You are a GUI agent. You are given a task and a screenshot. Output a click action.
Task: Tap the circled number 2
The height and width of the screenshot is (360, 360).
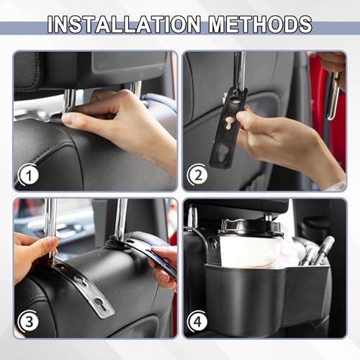199,174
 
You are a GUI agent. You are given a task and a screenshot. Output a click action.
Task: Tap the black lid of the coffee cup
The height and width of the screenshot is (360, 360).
250,227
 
